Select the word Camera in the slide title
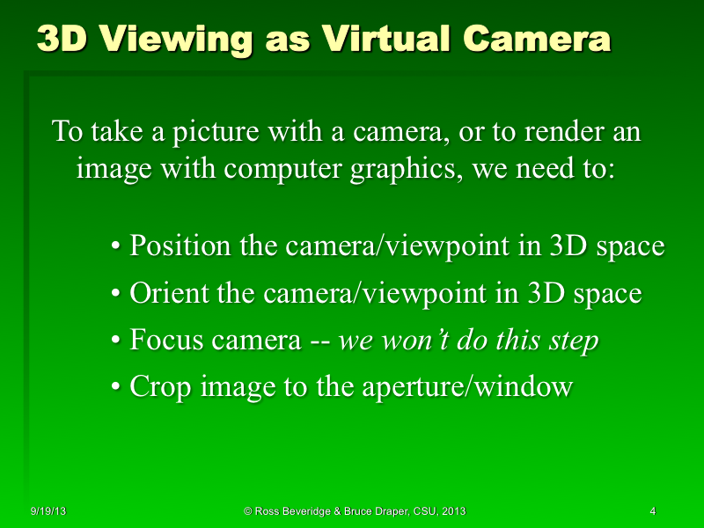(x=536, y=40)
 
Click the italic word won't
(x=416, y=341)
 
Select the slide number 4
(x=652, y=511)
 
